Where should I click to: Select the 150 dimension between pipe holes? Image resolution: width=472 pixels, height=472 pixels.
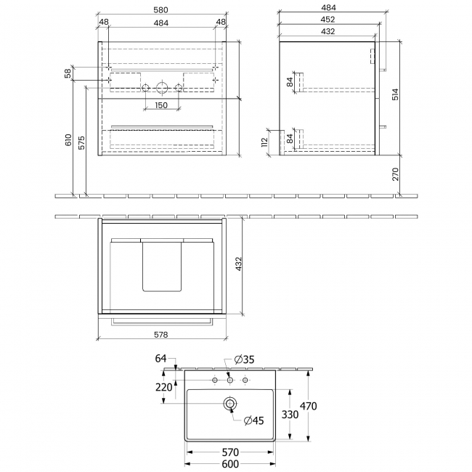[160, 105]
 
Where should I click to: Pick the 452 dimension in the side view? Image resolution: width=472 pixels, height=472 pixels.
[327, 21]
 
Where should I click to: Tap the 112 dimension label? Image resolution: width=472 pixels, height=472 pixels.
[268, 138]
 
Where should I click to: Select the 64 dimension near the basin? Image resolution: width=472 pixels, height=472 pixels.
[161, 358]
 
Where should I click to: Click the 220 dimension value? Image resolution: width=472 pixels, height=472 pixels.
[164, 386]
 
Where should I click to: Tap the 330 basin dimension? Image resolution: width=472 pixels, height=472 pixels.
[288, 414]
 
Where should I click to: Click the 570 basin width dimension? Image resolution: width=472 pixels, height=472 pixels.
[230, 452]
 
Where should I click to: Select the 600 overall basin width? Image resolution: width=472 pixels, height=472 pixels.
[230, 465]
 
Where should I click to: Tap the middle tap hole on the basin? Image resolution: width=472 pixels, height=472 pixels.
[230, 381]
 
